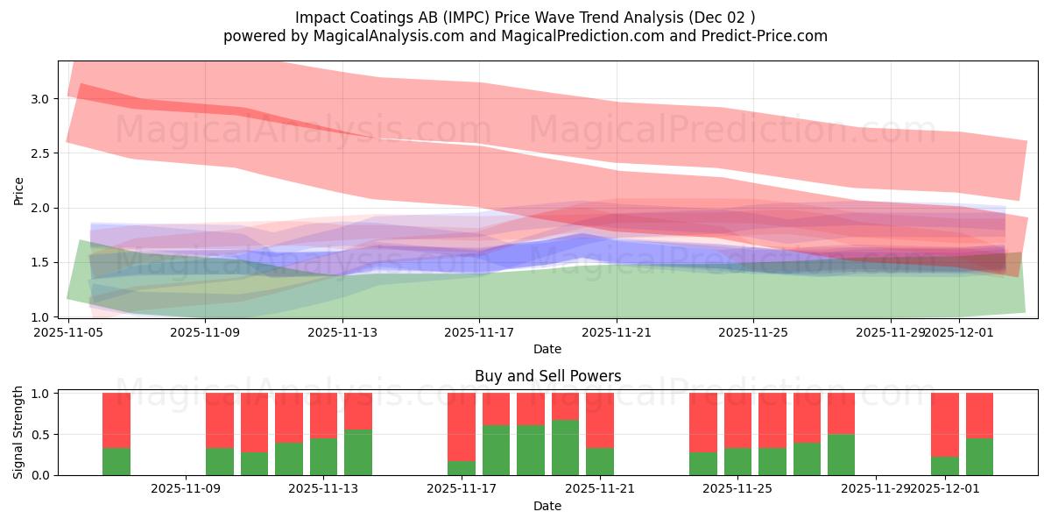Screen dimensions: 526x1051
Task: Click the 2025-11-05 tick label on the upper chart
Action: [68, 332]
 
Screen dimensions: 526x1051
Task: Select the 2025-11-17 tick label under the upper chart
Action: [479, 332]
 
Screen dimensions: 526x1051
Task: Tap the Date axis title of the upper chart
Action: [547, 349]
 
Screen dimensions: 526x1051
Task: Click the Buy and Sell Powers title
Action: [547, 376]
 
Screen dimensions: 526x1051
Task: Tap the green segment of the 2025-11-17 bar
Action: [462, 468]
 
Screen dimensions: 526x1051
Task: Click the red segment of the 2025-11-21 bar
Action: [600, 420]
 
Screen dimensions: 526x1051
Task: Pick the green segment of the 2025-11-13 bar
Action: [324, 457]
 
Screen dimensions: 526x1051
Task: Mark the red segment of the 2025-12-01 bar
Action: [945, 424]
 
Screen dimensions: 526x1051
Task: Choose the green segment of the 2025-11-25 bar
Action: [737, 461]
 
